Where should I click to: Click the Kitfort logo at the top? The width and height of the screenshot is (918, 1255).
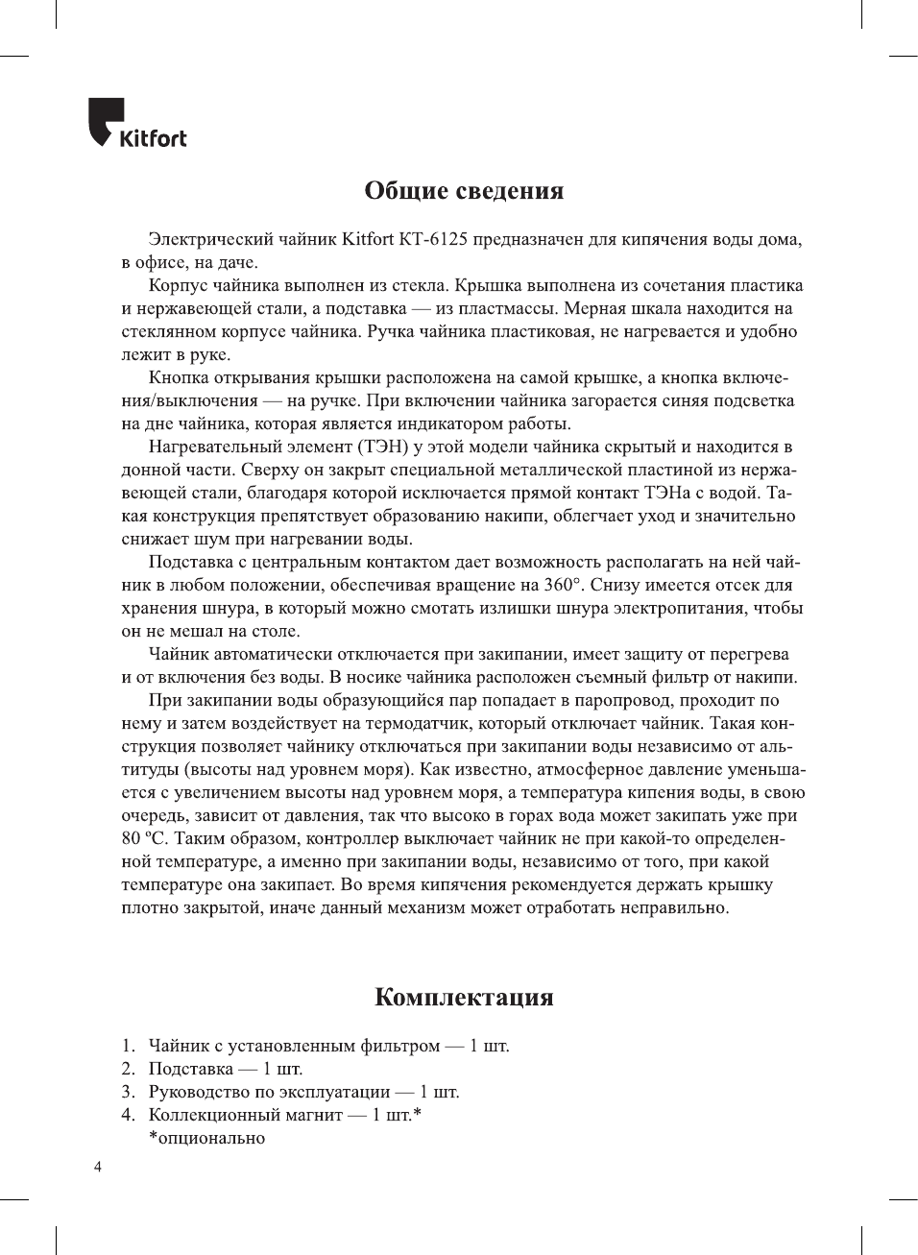(x=137, y=125)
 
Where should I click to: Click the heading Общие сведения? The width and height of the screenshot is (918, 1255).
(x=464, y=190)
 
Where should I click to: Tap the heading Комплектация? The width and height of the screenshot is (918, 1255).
(x=464, y=997)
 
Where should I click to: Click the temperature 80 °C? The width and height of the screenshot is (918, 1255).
(x=144, y=838)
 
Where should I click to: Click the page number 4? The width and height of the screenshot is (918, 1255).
(x=97, y=1168)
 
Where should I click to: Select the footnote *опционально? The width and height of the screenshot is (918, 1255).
(x=206, y=1138)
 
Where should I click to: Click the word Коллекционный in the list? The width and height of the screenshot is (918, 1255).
(x=210, y=1115)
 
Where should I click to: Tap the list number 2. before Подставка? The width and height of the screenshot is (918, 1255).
(x=128, y=1069)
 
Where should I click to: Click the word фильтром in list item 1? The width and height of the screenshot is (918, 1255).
(x=400, y=1046)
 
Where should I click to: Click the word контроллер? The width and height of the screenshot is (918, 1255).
(x=354, y=838)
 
